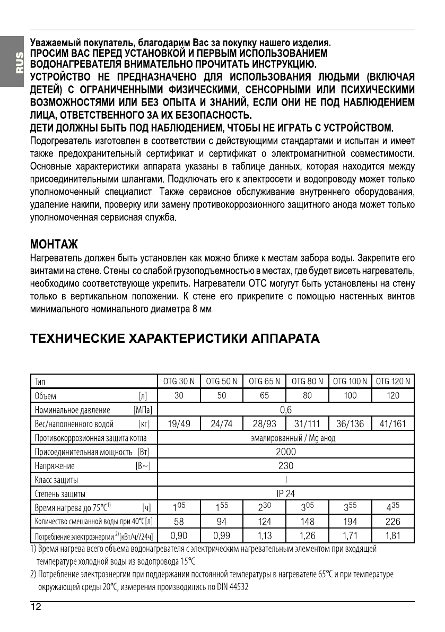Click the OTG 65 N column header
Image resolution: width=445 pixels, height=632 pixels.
point(264,382)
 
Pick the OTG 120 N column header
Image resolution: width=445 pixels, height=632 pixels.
point(392,382)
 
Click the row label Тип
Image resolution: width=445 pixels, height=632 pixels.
point(40,382)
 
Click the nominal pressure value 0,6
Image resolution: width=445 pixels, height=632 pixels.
point(286,410)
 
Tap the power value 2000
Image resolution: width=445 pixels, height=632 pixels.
point(286,452)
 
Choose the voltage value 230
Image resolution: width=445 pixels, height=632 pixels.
point(286,466)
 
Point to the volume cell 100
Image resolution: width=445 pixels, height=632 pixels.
point(350,395)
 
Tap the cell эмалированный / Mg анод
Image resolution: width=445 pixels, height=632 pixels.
point(292,438)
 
